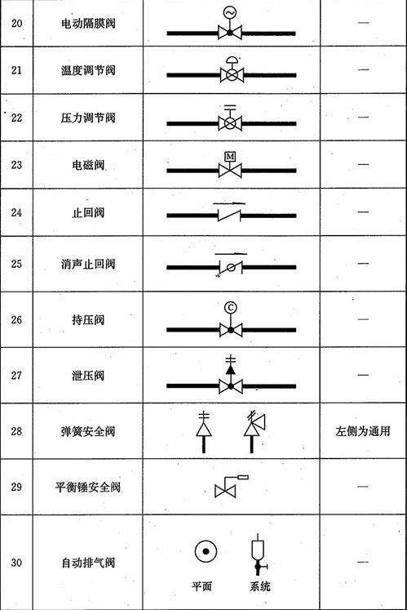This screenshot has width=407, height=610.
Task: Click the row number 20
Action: point(16,24)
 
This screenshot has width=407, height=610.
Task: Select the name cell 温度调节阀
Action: point(88,70)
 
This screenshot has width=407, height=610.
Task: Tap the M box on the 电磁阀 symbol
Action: point(230,157)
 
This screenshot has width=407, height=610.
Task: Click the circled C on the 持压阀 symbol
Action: point(231,308)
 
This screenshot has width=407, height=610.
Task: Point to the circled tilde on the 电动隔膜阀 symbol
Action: point(230,12)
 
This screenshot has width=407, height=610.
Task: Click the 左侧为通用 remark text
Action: point(363,431)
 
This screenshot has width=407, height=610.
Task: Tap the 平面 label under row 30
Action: point(201,586)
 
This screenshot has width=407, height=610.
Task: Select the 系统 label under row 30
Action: point(259,586)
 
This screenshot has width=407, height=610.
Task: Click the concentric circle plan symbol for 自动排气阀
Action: point(206,551)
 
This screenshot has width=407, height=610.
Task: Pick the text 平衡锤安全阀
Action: point(88,487)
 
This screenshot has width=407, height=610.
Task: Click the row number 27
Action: point(16,376)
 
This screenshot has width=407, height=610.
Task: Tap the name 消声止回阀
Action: point(88,264)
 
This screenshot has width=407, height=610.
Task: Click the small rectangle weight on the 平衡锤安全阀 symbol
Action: point(243,477)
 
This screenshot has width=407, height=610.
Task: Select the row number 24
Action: point(16,212)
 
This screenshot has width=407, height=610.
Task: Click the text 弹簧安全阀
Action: point(88,431)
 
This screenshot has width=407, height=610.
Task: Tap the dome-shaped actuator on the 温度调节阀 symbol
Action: point(232,60)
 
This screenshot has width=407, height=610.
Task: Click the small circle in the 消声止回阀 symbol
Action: point(231,267)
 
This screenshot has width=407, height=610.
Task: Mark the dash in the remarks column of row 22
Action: point(363,117)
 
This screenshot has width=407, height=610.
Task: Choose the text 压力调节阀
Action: point(88,118)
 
